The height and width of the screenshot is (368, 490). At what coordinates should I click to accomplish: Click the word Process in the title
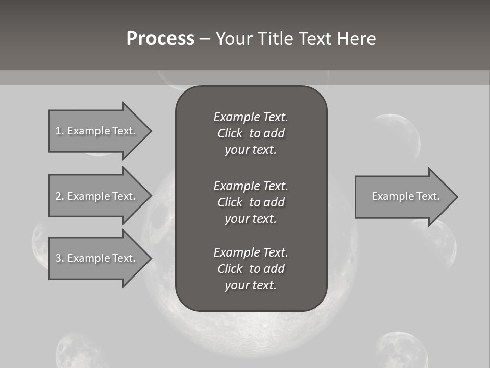pyautogui.click(x=160, y=39)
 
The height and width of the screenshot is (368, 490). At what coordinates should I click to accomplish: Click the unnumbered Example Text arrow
pyautogui.click(x=405, y=197)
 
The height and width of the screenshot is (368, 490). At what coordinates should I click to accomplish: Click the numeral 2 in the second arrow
pyautogui.click(x=58, y=196)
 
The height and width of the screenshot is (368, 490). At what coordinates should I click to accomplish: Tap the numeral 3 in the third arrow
pyautogui.click(x=58, y=258)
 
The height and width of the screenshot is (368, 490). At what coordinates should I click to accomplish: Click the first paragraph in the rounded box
pyautogui.click(x=251, y=133)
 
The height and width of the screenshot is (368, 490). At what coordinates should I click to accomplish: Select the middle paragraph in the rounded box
pyautogui.click(x=251, y=202)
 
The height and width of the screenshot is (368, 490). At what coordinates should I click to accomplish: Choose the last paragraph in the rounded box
pyautogui.click(x=251, y=269)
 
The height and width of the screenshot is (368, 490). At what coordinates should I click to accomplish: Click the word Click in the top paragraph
pyautogui.click(x=230, y=133)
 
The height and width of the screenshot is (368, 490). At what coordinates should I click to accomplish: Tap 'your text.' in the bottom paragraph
pyautogui.click(x=251, y=285)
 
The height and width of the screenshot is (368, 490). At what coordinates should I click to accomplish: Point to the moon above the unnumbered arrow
pyautogui.click(x=396, y=136)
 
